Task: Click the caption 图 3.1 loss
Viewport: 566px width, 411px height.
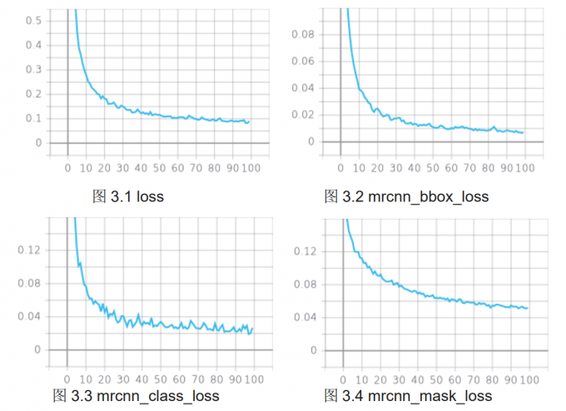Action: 127,196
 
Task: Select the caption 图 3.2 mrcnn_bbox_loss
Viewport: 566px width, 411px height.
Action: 406,196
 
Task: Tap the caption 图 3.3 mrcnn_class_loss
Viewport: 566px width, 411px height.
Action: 136,394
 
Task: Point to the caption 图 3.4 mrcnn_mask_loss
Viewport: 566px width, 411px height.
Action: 408,394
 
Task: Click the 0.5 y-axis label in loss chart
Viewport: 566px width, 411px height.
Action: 34,19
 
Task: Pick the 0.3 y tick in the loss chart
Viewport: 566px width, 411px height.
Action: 34,69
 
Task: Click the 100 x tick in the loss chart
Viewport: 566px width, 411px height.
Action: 251,168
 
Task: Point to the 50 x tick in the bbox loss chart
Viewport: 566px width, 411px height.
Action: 432,168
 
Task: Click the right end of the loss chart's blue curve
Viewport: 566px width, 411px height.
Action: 249,121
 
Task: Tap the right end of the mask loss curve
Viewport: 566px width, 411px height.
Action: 528,309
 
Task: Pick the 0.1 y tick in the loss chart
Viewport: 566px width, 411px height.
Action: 34,118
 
